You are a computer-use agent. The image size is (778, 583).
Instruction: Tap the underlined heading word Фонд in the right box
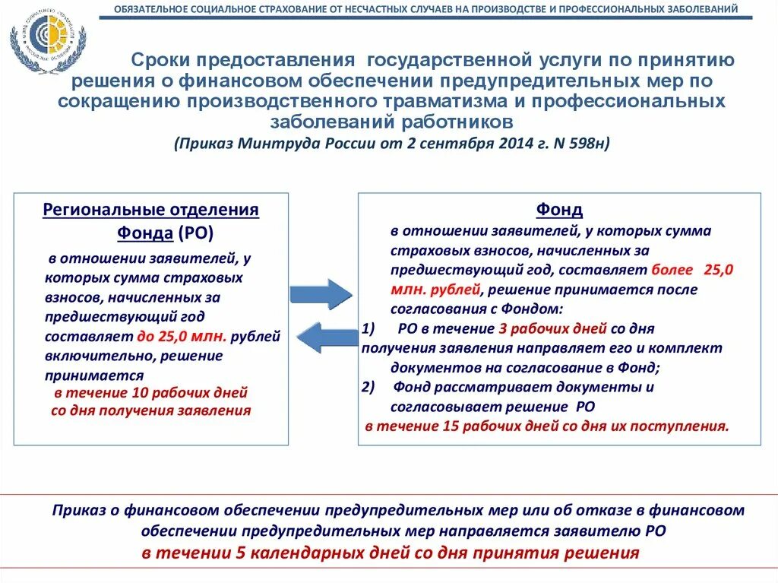(x=559, y=210)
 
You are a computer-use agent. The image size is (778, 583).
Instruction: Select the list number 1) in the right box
(x=369, y=329)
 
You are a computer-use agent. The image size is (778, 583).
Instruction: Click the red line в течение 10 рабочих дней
(x=151, y=394)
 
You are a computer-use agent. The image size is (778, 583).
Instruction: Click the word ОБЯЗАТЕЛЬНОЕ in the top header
(x=150, y=10)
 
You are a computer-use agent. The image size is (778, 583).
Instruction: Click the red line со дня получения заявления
(x=150, y=411)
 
